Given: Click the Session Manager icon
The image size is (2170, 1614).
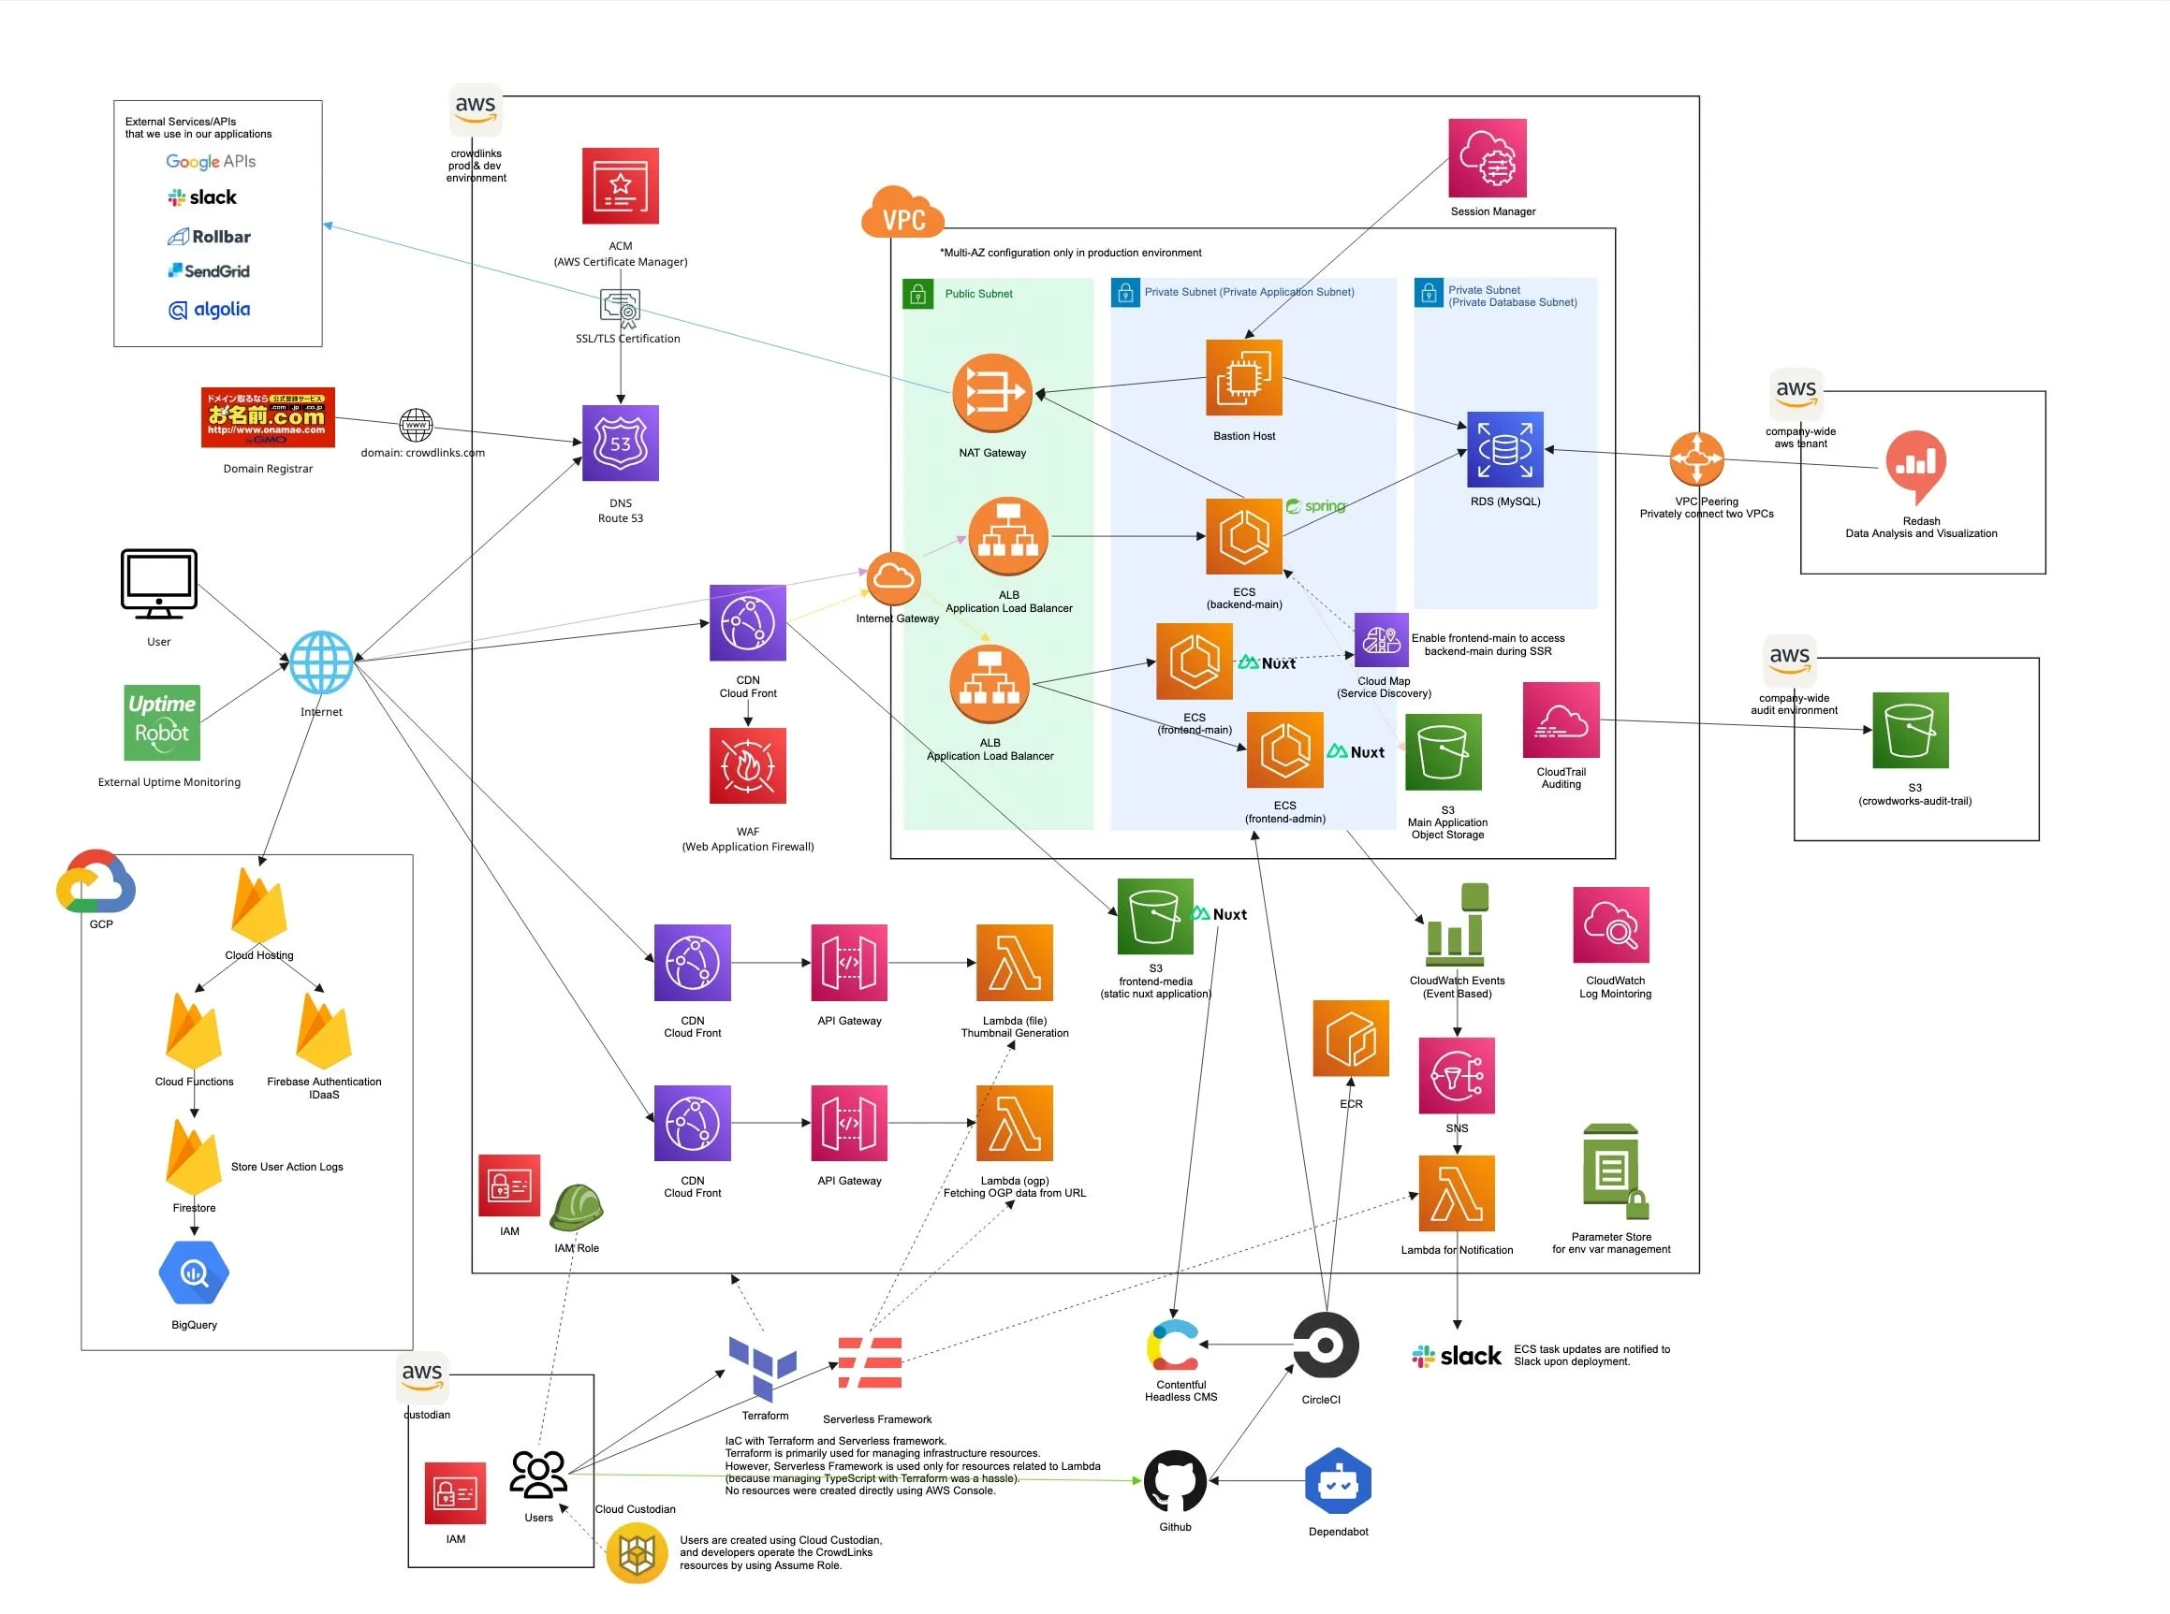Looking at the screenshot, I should pos(1487,158).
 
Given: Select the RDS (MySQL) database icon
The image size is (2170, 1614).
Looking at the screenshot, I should pos(1504,449).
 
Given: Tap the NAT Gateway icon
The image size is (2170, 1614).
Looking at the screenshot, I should pos(992,393).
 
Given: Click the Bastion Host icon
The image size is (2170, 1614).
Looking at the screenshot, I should pos(1243,378).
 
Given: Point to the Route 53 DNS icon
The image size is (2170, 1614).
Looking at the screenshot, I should pos(620,443).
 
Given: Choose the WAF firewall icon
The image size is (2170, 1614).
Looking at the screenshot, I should pos(748,766).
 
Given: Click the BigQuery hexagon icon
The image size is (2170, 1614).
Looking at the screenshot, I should pos(194,1273).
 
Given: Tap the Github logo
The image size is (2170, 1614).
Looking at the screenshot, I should pos(1175,1481).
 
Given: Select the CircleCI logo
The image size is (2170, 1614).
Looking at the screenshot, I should pos(1325,1345).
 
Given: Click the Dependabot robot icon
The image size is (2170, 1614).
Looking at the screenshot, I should pos(1337,1481).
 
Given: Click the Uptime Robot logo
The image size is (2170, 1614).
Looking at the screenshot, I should pos(161,723).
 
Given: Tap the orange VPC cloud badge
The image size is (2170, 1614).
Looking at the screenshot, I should pos(902,213).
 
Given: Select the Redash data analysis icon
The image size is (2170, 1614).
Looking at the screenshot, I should pos(1916,466).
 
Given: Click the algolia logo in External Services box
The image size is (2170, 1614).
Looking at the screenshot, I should pos(209,310).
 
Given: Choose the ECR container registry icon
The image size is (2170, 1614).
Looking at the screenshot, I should pos(1350,1039).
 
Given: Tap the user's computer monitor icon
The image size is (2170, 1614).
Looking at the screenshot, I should pos(158,583).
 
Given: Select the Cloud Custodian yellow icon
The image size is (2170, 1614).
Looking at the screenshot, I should pos(637,1553).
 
